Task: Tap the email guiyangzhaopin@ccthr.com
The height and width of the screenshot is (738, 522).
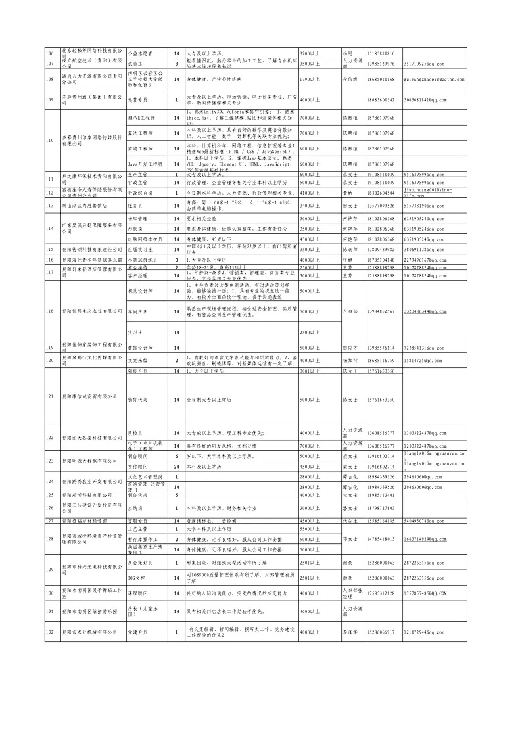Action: pyautogui.click(x=431, y=79)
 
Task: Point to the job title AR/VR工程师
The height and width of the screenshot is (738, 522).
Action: pyautogui.click(x=141, y=118)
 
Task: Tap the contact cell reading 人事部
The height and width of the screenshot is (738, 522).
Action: pyautogui.click(x=350, y=311)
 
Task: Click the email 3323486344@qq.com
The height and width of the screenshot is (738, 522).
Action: pyautogui.click(x=425, y=311)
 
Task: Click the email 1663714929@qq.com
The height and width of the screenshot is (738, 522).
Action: pyautogui.click(x=425, y=539)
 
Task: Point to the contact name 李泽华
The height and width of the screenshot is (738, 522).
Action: pyautogui.click(x=350, y=632)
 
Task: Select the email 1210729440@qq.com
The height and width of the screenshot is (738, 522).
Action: pyautogui.click(x=425, y=632)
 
